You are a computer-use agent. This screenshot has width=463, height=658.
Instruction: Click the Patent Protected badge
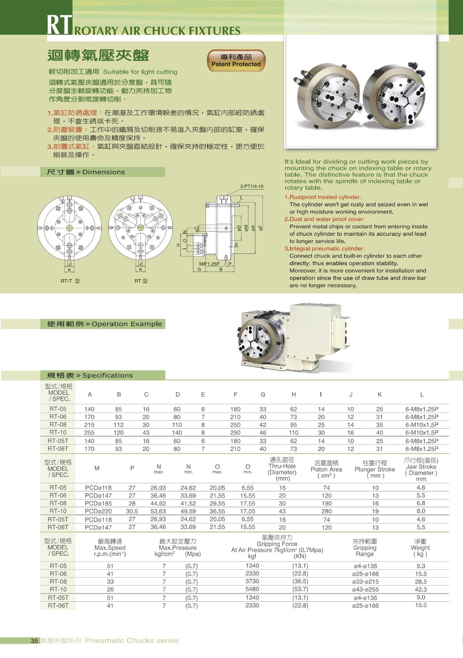click(x=236, y=61)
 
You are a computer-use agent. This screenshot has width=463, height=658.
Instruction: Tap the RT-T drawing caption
click(x=70, y=281)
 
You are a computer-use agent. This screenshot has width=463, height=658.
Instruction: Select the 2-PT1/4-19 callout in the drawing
click(x=252, y=186)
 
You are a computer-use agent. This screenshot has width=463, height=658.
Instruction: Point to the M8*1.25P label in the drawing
click(x=209, y=264)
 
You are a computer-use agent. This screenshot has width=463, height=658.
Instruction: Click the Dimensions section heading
click(x=86, y=172)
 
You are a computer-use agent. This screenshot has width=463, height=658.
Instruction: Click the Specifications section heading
click(x=90, y=375)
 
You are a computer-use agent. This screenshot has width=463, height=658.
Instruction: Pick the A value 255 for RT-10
click(x=89, y=433)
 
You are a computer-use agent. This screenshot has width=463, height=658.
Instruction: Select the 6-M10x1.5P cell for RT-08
click(x=422, y=425)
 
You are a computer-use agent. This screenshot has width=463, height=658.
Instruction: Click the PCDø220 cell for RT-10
click(x=98, y=511)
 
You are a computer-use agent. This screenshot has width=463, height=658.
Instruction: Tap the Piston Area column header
click(x=326, y=469)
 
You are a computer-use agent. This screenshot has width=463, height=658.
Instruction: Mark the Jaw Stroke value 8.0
click(x=421, y=511)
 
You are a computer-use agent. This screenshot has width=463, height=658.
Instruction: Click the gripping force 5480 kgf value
click(x=252, y=589)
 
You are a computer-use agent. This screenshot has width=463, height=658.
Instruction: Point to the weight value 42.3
click(x=421, y=589)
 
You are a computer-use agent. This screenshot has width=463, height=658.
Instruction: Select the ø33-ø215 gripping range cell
click(x=365, y=582)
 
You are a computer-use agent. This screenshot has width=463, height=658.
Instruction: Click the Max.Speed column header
click(x=110, y=548)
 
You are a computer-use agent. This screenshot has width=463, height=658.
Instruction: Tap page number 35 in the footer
click(x=35, y=641)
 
